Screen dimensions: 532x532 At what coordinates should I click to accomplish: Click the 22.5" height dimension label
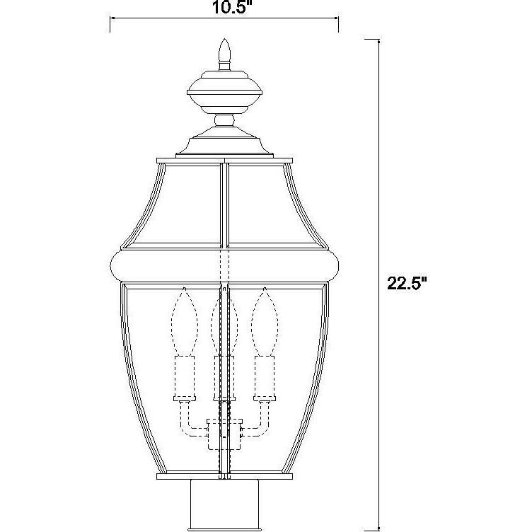(406, 283)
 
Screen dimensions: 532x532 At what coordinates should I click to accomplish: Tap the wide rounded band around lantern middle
(224, 265)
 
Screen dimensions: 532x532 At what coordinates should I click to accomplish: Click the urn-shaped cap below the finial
(225, 92)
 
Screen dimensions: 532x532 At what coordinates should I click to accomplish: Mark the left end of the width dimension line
(110, 25)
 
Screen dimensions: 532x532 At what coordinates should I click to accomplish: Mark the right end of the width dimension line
(338, 25)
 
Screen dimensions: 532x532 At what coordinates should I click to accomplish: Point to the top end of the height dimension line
(378, 41)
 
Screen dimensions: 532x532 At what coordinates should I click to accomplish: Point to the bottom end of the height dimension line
(378, 529)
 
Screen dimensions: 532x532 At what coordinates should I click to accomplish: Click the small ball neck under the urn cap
(225, 121)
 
